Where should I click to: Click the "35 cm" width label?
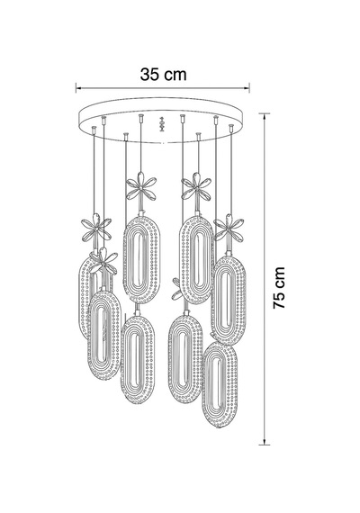tap(163, 75)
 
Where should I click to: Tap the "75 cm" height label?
tap(279, 288)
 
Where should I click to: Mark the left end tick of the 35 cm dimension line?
tap(76, 87)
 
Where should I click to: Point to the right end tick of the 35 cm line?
tap(249, 87)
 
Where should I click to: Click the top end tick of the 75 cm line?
tap(265, 113)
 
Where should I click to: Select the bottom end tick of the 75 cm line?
tap(265, 445)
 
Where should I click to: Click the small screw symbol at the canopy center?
tap(161, 124)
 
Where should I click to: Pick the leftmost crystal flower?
tap(96, 229)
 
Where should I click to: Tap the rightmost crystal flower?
tap(229, 228)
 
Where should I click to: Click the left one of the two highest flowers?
tap(141, 186)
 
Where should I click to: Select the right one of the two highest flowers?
tap(196, 186)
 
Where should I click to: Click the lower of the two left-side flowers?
tap(103, 262)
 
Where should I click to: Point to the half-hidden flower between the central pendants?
tap(177, 289)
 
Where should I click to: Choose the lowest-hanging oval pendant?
tap(220, 381)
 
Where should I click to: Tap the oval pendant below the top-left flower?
tap(141, 259)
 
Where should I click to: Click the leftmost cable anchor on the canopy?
tap(94, 129)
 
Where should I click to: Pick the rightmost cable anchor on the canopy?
tap(231, 127)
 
